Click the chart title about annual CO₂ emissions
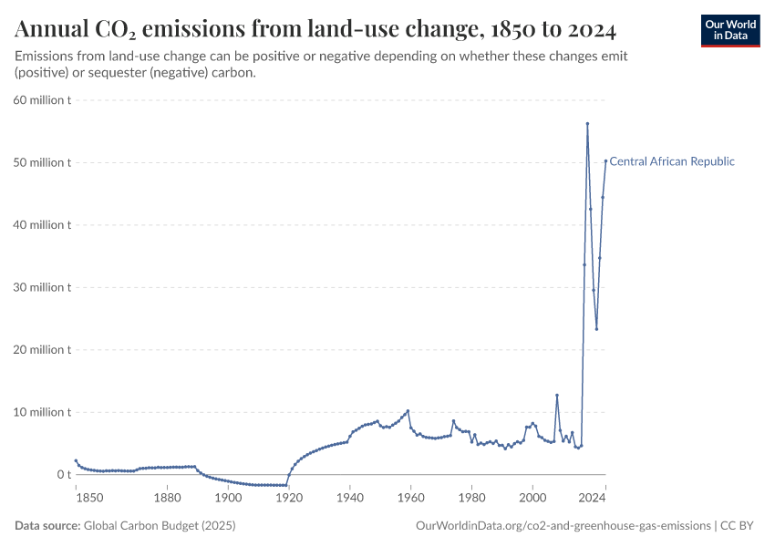point(315,30)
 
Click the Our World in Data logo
point(730,30)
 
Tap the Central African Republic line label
point(671,161)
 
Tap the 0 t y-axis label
point(64,475)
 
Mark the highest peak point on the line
point(587,124)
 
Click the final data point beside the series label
point(605,161)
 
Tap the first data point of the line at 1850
point(76,460)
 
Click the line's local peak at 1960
point(408,411)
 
